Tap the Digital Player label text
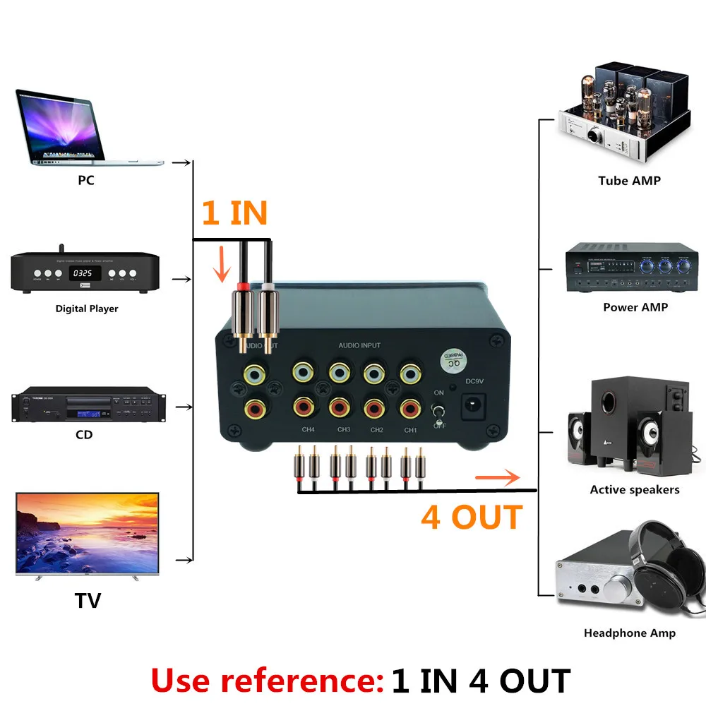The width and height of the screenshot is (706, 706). (87, 309)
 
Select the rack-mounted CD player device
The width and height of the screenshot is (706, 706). (85, 405)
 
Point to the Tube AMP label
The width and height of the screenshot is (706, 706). (629, 181)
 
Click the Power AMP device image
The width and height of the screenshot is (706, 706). (632, 268)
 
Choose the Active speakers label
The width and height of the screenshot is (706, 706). (635, 489)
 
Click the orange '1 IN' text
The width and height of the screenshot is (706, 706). (234, 213)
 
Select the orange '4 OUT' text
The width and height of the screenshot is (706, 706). (472, 517)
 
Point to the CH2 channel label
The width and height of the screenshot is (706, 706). (376, 430)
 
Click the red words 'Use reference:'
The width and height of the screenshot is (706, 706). (266, 681)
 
